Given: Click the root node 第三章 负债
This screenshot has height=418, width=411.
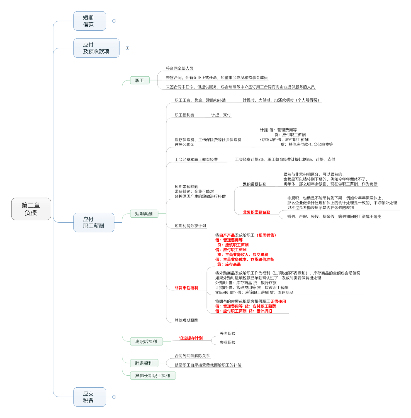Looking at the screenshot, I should [31, 209].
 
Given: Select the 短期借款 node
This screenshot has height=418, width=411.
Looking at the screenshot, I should [89, 21].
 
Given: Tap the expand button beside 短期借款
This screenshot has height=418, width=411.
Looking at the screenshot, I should [114, 21].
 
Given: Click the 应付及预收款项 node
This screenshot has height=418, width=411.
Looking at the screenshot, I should [96, 48].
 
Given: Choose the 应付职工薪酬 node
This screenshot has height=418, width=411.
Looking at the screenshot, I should [94, 222].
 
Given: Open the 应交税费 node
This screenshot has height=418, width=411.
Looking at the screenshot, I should [89, 397].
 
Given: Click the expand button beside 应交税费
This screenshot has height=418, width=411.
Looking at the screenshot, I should [114, 397].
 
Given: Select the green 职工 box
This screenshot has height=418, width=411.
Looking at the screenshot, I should [140, 81].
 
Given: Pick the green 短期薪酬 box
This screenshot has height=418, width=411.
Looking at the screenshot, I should [144, 214].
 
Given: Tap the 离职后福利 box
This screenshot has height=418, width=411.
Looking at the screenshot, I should [146, 341].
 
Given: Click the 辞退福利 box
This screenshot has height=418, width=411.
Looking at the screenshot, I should [144, 363].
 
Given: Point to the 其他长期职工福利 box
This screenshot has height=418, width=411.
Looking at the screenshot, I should [153, 376].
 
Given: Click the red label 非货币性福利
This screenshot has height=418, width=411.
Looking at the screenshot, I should [186, 288].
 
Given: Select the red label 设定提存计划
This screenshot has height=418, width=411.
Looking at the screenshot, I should [191, 338].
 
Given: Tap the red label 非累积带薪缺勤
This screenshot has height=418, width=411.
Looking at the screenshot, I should [256, 212].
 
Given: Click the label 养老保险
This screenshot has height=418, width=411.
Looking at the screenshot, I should [227, 333].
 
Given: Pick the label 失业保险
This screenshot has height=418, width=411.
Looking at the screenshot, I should [227, 342].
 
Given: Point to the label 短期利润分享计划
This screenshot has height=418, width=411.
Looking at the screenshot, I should [190, 226].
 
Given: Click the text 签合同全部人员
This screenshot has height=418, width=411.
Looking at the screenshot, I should [179, 68].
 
